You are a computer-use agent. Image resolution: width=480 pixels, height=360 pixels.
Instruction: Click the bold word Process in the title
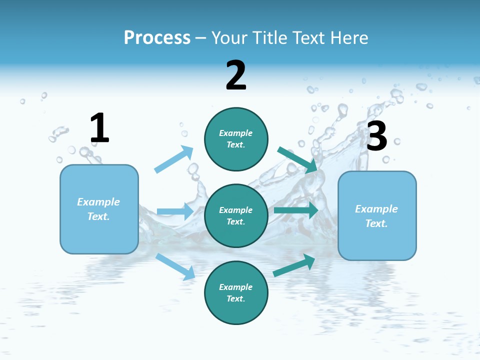click(157, 38)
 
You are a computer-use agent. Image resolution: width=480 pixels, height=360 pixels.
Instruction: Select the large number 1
click(99, 128)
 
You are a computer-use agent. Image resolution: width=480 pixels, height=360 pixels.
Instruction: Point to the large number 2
click(236, 75)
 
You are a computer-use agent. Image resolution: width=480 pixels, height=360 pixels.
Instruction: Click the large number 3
click(376, 136)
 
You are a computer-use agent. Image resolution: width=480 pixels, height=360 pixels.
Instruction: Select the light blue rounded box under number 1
click(99, 209)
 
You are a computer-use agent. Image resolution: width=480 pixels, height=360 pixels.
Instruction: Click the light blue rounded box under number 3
click(377, 215)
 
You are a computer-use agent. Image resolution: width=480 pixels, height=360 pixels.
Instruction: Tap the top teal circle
click(236, 139)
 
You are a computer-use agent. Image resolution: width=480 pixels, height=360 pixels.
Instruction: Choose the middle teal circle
click(236, 215)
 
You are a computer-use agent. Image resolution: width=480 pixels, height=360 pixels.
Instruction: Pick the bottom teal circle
click(236, 292)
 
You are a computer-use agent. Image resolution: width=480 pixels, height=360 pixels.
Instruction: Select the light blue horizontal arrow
click(175, 211)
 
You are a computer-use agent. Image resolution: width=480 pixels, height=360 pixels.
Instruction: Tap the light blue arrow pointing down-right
click(175, 266)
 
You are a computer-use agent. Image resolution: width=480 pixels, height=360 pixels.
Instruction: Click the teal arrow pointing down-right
click(297, 159)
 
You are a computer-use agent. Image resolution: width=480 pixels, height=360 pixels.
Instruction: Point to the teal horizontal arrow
click(295, 210)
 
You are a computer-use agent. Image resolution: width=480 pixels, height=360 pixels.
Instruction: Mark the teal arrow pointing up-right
click(294, 265)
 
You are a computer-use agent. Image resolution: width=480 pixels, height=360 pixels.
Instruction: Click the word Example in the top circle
click(236, 133)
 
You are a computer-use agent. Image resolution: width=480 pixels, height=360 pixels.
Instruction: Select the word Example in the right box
click(376, 209)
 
